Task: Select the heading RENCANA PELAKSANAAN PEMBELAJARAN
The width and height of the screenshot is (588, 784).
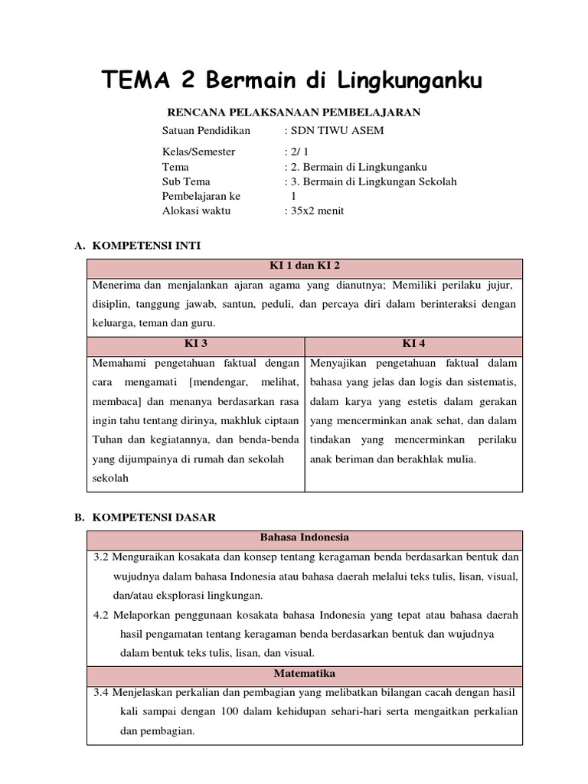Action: pyautogui.click(x=294, y=113)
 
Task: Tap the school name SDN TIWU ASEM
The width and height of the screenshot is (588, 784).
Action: pyautogui.click(x=335, y=130)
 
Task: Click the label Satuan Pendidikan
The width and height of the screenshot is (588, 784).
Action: pyautogui.click(x=206, y=130)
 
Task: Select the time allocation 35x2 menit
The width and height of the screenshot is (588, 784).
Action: pyautogui.click(x=315, y=211)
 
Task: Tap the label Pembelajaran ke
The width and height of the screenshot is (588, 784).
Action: pyautogui.click(x=201, y=196)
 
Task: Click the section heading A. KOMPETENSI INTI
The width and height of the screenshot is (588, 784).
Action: pyautogui.click(x=137, y=245)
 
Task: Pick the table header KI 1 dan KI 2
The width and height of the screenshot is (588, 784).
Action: pyautogui.click(x=305, y=266)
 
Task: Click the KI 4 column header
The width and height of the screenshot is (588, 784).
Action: pyautogui.click(x=413, y=344)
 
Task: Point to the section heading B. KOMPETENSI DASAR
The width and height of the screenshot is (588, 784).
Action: pyautogui.click(x=145, y=517)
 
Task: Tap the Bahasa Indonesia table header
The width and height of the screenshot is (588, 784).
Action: pyautogui.click(x=305, y=537)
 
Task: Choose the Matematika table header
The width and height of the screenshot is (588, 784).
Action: pyautogui.click(x=305, y=674)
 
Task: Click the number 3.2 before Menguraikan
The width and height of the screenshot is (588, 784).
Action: pyautogui.click(x=101, y=556)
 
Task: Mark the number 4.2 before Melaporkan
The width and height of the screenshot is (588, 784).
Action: pyautogui.click(x=101, y=615)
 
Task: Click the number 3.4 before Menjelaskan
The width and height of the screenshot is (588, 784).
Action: pyautogui.click(x=101, y=692)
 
